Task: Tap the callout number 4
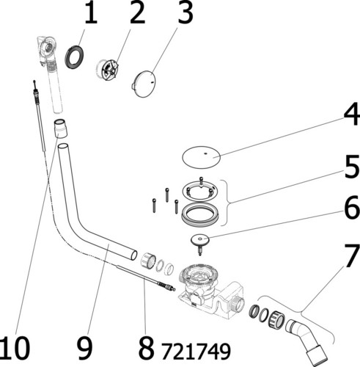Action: pyautogui.click(x=351, y=114)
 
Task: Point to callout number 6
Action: pyautogui.click(x=352, y=208)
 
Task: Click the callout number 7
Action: pyautogui.click(x=351, y=256)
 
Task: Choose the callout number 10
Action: pyautogui.click(x=15, y=347)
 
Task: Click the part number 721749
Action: pyautogui.click(x=196, y=351)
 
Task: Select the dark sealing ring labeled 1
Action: pyautogui.click(x=74, y=57)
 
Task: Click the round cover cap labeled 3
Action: pyautogui.click(x=144, y=84)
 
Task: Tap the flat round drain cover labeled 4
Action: pyautogui.click(x=202, y=157)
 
